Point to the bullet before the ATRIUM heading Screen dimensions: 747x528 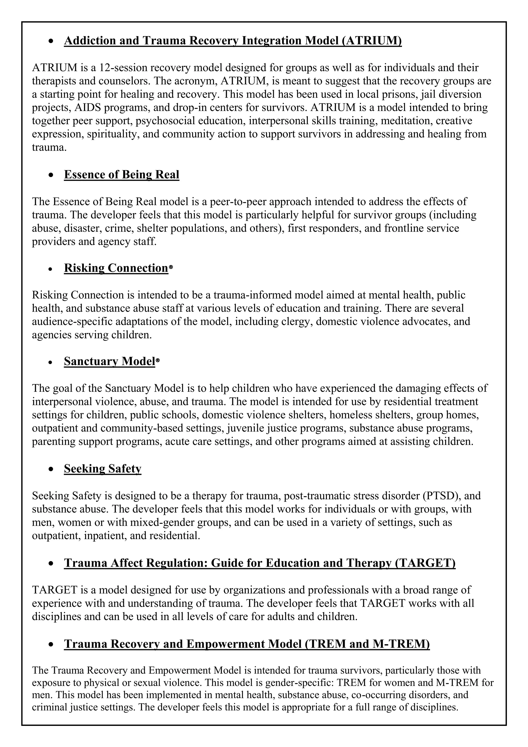point(50,41)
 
